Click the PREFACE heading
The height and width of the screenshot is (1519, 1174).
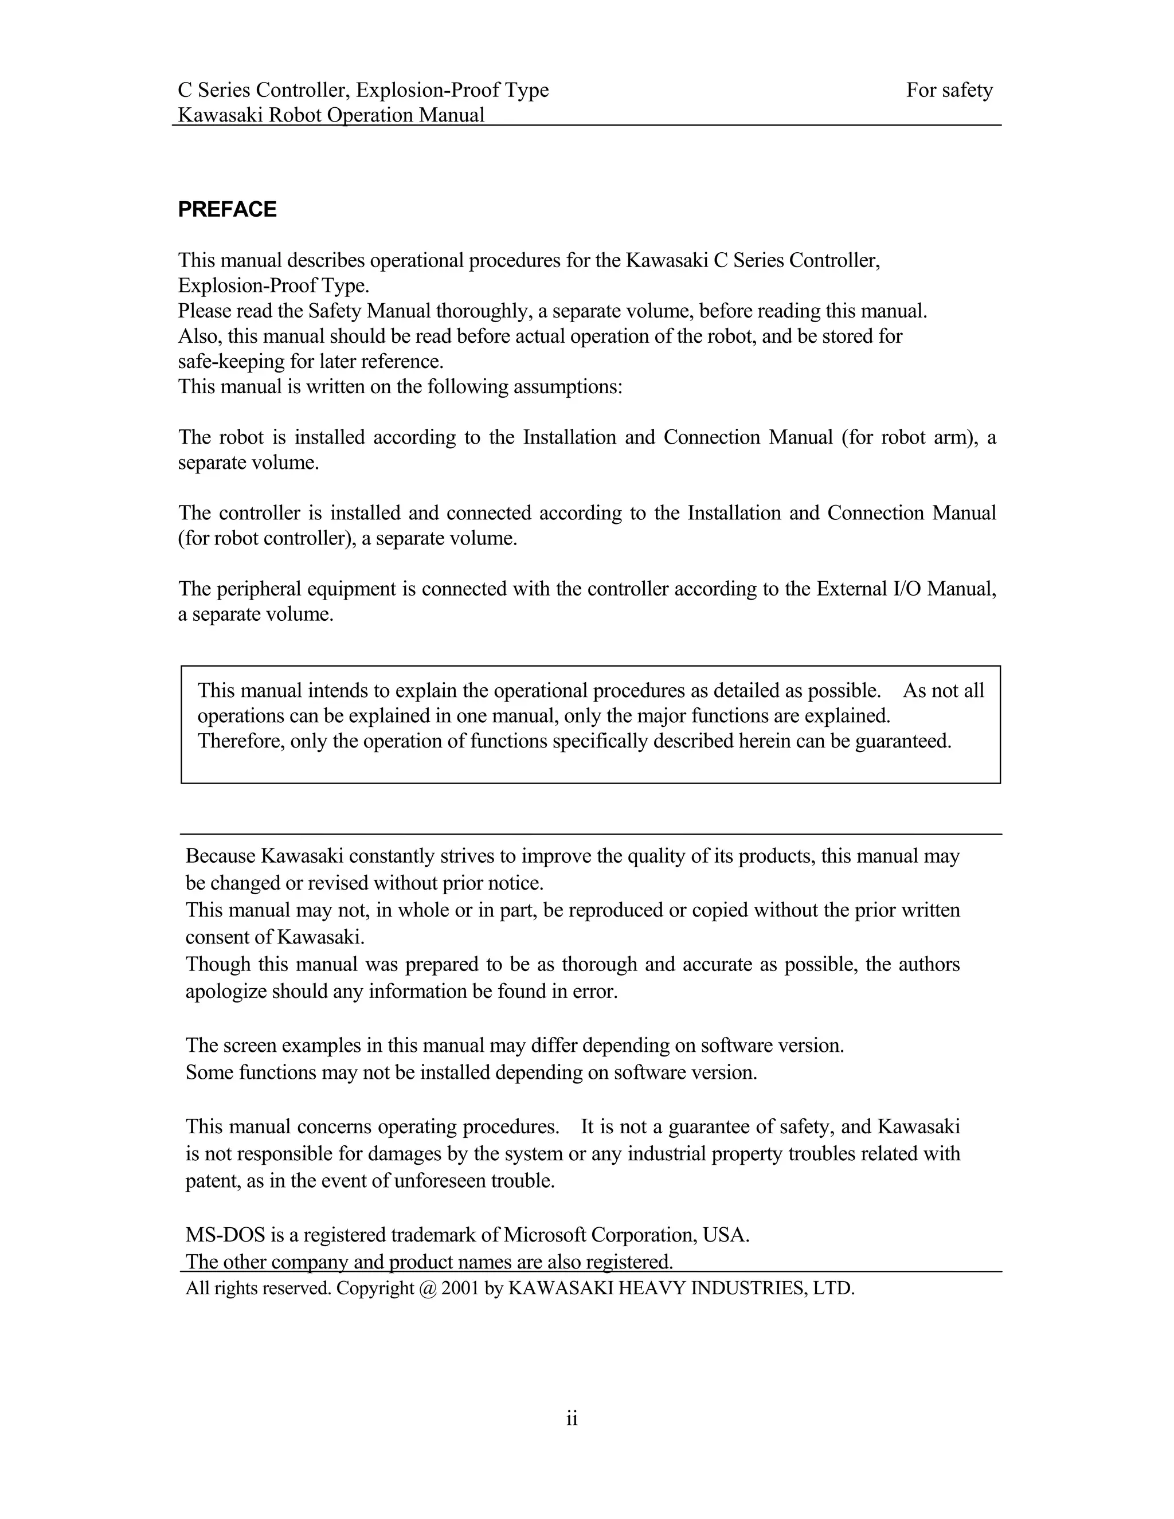coord(227,209)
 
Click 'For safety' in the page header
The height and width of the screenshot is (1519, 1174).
coord(949,91)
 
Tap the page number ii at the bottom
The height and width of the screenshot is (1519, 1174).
coord(572,1418)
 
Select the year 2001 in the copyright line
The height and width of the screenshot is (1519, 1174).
coord(460,1289)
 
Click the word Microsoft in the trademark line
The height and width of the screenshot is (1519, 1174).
coord(545,1235)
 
